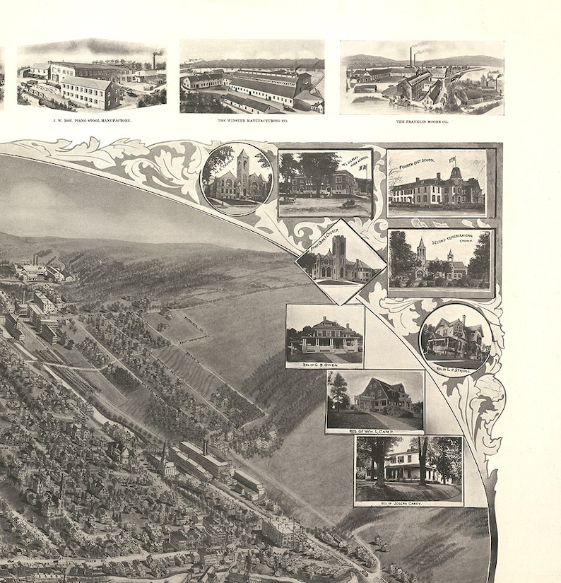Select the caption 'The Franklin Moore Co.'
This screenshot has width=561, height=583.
point(422,121)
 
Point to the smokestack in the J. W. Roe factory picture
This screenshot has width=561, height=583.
point(154,59)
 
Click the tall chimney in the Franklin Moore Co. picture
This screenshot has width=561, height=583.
point(411,55)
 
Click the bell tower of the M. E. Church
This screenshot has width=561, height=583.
point(242,164)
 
